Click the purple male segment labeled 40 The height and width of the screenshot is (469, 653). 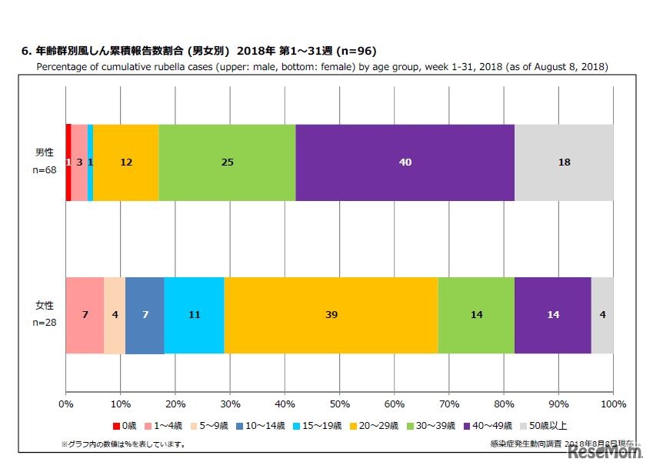pyautogui.click(x=405, y=162)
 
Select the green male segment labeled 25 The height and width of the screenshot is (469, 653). pyautogui.click(x=227, y=162)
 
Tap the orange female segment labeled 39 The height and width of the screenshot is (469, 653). pyautogui.click(x=331, y=315)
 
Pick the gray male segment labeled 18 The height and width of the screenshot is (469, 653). pyautogui.click(x=564, y=162)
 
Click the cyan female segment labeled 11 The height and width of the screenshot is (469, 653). pyautogui.click(x=194, y=315)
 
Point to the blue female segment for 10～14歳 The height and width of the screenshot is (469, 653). pyautogui.click(x=145, y=315)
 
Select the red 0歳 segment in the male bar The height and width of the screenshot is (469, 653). pyautogui.click(x=68, y=162)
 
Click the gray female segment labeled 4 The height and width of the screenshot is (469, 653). pyautogui.click(x=602, y=315)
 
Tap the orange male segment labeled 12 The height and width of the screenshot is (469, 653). pyautogui.click(x=126, y=162)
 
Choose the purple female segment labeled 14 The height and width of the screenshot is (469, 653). pyautogui.click(x=552, y=315)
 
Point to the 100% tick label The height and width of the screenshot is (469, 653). pyautogui.click(x=613, y=404)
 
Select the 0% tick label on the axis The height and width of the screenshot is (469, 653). pyautogui.click(x=66, y=404)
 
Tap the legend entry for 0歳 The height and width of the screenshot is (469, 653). pyautogui.click(x=127, y=425)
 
